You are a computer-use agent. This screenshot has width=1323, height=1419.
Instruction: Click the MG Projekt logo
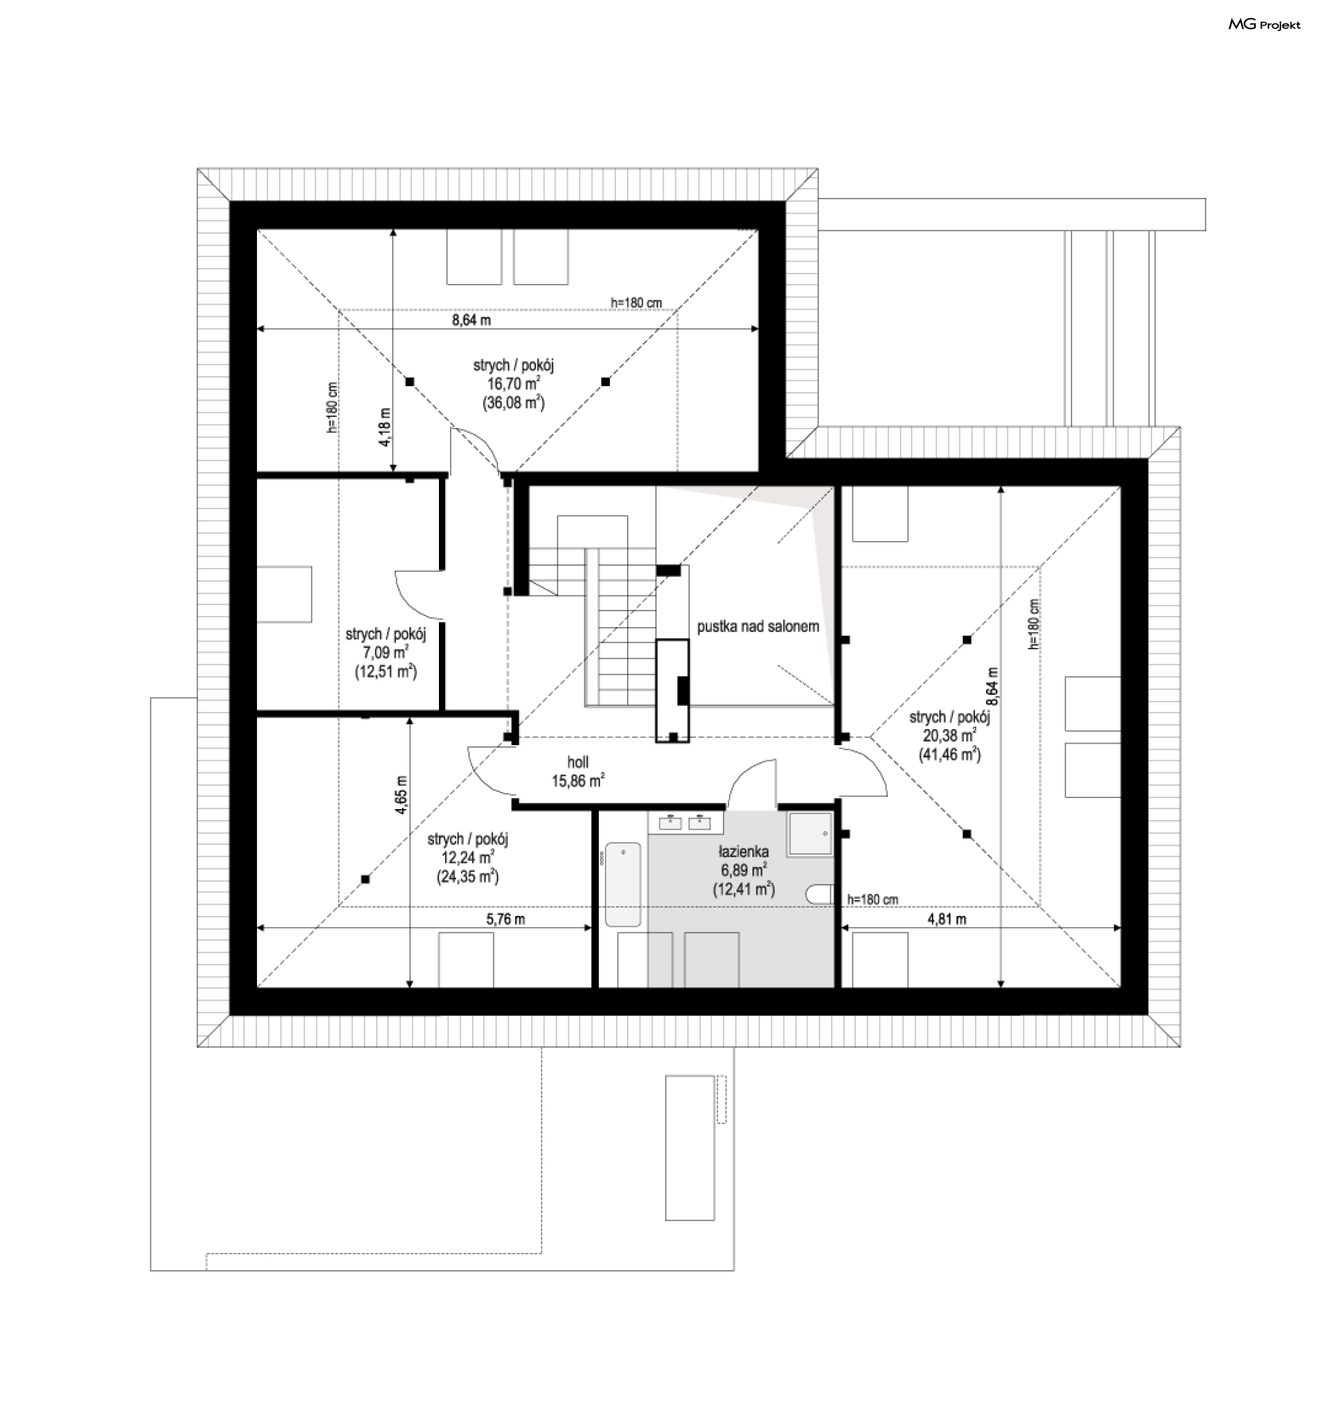[1264, 25]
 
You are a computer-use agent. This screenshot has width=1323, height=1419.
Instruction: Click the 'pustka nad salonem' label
[758, 626]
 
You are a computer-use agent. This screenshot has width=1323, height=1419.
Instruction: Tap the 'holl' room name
[578, 762]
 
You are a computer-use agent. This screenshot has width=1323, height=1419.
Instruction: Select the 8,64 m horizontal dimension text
[471, 320]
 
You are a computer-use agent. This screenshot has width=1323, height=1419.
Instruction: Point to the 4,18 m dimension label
[384, 427]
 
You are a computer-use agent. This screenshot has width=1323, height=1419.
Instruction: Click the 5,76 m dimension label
[506, 919]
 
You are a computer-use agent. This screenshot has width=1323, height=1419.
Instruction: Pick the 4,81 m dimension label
[947, 919]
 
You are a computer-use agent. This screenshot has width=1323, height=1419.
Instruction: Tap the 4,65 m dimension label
[401, 795]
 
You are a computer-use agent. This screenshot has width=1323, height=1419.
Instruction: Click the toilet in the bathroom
[820, 895]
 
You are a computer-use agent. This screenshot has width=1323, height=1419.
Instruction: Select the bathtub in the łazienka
[623, 884]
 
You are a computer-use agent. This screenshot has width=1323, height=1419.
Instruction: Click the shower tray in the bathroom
[810, 833]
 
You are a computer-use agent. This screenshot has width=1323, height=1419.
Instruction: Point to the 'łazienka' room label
[743, 852]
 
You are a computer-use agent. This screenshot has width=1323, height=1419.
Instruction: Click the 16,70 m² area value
[514, 384]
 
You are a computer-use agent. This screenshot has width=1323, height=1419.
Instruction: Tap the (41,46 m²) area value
[950, 755]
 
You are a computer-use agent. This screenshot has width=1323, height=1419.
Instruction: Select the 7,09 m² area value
[385, 653]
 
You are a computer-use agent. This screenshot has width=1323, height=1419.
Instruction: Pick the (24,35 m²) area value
[467, 877]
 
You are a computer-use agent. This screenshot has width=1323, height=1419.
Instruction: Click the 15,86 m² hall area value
[578, 781]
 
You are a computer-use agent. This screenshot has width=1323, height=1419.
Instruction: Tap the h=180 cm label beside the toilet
[873, 899]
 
